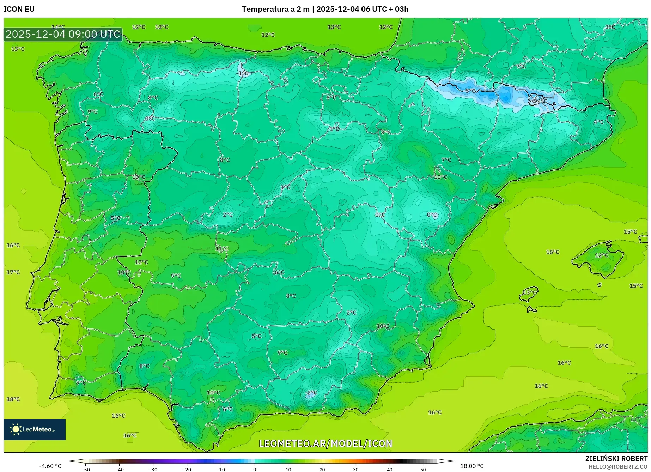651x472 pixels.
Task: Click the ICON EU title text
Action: (19, 9)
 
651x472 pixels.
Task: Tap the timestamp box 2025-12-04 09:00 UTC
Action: (63, 34)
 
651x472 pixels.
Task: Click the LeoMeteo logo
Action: (35, 429)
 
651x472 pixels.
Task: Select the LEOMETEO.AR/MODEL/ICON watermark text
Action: (325, 443)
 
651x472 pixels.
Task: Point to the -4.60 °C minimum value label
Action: (50, 466)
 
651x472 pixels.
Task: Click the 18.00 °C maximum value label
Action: (472, 466)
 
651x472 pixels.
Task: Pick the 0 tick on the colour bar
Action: (255, 469)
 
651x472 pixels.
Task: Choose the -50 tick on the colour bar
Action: (86, 469)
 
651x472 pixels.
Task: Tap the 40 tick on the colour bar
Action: (389, 469)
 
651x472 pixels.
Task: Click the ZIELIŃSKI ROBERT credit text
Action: (616, 459)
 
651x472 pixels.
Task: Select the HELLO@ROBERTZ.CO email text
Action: (617, 467)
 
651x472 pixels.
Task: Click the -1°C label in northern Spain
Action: (242, 73)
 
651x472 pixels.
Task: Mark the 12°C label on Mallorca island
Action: (601, 255)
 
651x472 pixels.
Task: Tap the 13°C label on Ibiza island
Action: (529, 292)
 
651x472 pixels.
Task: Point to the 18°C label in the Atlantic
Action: (13, 399)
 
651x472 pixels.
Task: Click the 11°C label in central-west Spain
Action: (222, 248)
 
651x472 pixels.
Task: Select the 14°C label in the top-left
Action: (58, 27)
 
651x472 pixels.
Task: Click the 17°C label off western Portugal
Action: (13, 272)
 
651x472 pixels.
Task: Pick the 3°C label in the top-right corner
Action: (610, 27)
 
